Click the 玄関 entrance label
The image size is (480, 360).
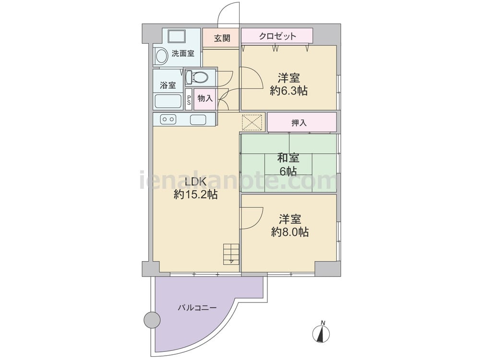click(x=222, y=38)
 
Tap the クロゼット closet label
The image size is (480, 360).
click(x=277, y=36)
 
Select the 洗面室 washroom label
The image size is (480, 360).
click(x=183, y=54)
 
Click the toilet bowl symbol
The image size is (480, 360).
click(x=197, y=77)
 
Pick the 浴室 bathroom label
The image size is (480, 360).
click(x=168, y=85)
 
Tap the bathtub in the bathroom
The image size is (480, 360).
click(x=168, y=101)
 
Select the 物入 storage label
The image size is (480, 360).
click(x=205, y=98)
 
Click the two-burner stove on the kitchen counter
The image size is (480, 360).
click(x=168, y=119)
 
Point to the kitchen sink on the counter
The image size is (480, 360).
click(x=198, y=120)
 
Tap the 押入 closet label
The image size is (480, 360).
click(x=299, y=123)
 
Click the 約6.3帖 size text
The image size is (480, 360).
click(x=288, y=91)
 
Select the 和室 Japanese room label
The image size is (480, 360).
click(x=288, y=158)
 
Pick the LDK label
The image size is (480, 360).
click(x=196, y=182)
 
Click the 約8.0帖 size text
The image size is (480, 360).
click(x=289, y=232)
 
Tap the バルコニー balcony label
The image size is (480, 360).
click(x=197, y=308)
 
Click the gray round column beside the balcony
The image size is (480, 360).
click(x=152, y=320)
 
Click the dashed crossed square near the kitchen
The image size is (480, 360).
click(x=252, y=122)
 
